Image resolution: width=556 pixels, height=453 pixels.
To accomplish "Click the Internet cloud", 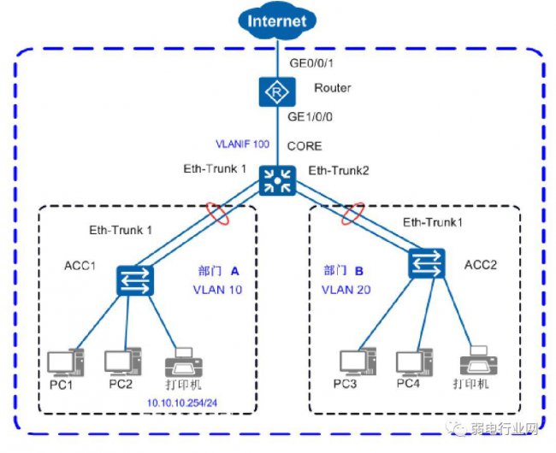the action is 277,21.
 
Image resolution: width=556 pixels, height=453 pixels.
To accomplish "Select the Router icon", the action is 277,92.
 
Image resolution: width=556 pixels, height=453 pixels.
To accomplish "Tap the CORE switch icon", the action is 277,180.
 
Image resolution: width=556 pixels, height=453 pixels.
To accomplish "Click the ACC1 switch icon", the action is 135,280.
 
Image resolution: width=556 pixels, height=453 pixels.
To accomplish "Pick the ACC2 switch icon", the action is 427,263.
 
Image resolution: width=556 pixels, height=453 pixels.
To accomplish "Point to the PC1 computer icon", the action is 66,362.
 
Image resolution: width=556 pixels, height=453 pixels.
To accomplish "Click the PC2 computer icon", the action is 122,362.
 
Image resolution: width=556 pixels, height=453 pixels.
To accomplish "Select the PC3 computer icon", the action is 358,362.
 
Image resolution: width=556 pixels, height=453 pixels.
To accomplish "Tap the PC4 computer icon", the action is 415,362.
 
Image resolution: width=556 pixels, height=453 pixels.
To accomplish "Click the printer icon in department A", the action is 184,362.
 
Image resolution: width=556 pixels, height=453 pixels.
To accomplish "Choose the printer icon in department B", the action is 479,361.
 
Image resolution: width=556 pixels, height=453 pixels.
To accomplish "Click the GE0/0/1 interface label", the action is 311,63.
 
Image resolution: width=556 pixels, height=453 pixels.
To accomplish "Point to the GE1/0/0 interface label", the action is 310,117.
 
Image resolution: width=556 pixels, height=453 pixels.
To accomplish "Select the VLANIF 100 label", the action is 243,144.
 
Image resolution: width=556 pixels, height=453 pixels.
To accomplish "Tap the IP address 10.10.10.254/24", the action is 182,403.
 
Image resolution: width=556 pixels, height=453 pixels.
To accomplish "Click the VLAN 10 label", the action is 217,290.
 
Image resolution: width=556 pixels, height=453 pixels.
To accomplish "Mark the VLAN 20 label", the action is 346,290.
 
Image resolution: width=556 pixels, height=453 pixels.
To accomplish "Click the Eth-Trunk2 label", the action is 339,171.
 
